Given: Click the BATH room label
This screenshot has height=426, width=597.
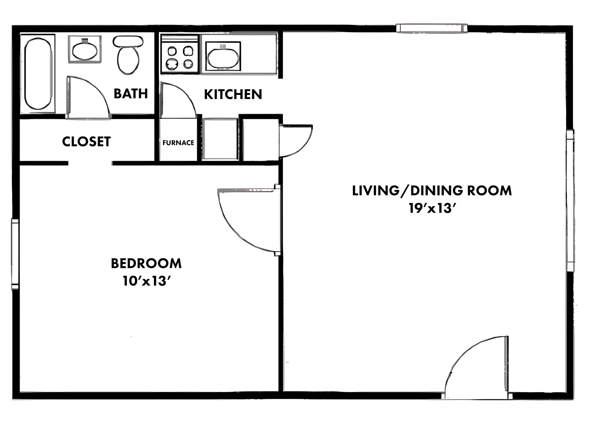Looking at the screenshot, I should tap(131, 94).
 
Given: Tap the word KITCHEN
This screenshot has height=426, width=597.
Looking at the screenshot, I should tap(233, 94).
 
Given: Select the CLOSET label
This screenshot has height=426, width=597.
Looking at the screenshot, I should tap(86, 142).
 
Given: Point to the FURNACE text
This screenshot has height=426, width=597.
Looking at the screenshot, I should tap(178, 143).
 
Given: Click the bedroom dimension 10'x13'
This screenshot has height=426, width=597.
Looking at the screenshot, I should tap(146, 281).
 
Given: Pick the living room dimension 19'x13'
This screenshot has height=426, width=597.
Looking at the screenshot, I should tap(432, 208).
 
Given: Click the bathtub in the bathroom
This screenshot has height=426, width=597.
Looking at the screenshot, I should tap(38, 73).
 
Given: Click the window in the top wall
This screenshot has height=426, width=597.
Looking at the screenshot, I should tap(432, 28).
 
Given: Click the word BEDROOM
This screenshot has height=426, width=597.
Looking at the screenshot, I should tap(146, 264).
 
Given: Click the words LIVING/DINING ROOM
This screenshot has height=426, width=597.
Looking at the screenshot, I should tap(432, 191).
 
